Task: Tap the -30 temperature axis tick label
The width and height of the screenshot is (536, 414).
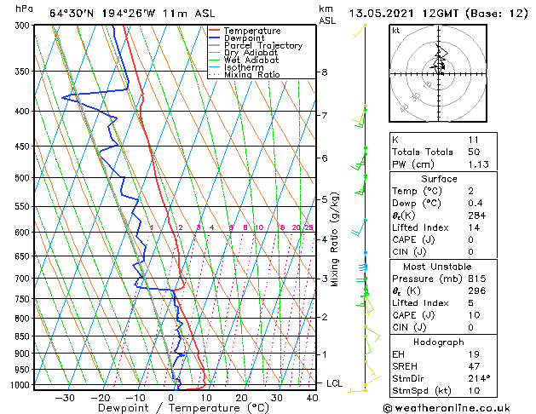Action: pyautogui.click(x=66, y=397)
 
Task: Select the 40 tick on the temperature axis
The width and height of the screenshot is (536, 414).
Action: pyautogui.click(x=312, y=397)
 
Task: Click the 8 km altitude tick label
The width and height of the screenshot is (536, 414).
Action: pyautogui.click(x=325, y=73)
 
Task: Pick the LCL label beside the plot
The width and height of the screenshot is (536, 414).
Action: pyautogui.click(x=335, y=383)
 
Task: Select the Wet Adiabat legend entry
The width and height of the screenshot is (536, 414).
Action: pyautogui.click(x=251, y=60)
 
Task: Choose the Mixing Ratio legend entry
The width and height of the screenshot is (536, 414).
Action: pyautogui.click(x=252, y=74)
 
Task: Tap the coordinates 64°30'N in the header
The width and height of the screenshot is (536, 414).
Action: pyautogui.click(x=70, y=13)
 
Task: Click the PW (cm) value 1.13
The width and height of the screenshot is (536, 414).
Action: pyautogui.click(x=475, y=165)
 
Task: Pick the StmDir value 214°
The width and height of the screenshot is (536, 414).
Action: pyautogui.click(x=478, y=378)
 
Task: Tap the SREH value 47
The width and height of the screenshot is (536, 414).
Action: pyautogui.click(x=474, y=365)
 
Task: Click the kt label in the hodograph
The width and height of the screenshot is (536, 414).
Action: pyautogui.click(x=395, y=31)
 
